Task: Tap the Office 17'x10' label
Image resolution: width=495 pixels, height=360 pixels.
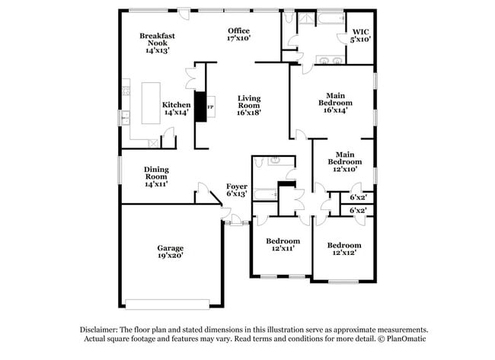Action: [x=238, y=34]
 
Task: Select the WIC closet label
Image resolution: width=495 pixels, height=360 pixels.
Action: [x=360, y=34]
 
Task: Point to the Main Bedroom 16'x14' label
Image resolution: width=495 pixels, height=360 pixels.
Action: [x=335, y=102]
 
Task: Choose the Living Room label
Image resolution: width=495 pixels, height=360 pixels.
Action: [x=249, y=105]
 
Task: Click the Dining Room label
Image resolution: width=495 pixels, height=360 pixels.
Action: [x=156, y=177]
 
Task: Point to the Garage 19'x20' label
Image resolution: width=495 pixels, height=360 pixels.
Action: [x=171, y=252]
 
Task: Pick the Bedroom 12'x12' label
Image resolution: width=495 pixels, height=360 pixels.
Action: [x=344, y=249]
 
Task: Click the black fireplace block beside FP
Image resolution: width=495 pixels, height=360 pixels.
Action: [x=202, y=107]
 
